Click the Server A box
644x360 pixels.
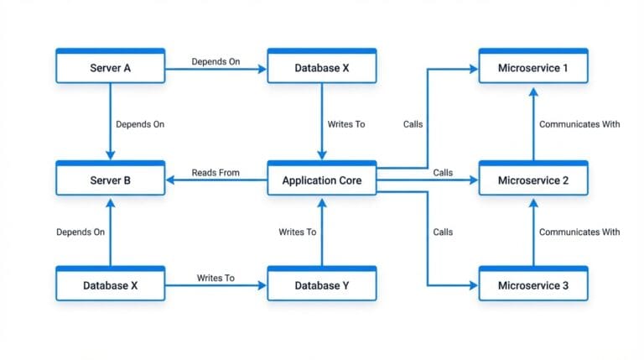(x=110, y=68)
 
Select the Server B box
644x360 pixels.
(x=110, y=180)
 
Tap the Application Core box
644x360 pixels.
(x=322, y=180)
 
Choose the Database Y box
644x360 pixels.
(x=322, y=285)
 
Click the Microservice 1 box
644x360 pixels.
(x=532, y=68)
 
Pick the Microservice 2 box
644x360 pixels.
(x=532, y=180)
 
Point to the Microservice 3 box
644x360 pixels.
(x=532, y=285)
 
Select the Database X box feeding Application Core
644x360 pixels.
(x=322, y=68)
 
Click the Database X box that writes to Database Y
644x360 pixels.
(x=110, y=285)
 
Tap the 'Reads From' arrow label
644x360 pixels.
(x=216, y=173)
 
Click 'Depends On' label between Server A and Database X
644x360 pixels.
(x=216, y=61)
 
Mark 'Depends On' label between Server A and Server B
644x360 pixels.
(x=140, y=124)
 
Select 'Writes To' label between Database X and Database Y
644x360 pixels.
(x=216, y=278)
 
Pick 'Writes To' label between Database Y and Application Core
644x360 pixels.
(x=298, y=232)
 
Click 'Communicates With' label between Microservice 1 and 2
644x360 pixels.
(x=579, y=124)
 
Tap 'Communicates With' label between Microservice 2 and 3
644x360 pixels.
(x=579, y=232)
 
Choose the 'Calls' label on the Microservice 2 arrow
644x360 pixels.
(x=443, y=173)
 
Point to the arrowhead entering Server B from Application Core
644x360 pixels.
(x=170, y=180)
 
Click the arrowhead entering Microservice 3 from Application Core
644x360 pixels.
(x=474, y=285)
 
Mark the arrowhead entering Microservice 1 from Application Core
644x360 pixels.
(x=474, y=68)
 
